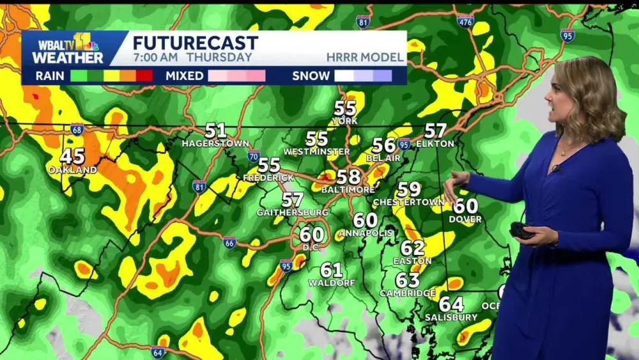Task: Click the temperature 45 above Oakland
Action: click(72, 156)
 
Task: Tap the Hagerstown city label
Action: click(215, 143)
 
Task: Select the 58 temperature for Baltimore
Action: click(348, 177)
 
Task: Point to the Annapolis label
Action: click(366, 233)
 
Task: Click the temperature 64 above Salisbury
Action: click(451, 304)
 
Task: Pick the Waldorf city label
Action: click(331, 282)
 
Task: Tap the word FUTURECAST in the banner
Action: click(196, 43)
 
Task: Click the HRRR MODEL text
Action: click(365, 58)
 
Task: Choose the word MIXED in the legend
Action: click(185, 76)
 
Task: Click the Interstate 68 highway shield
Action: click(77, 129)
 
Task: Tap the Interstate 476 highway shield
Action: click(465, 21)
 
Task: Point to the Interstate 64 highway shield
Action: click(158, 351)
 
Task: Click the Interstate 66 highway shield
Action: click(229, 242)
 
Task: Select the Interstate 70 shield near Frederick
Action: click(254, 155)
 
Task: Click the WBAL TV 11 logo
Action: click(68, 49)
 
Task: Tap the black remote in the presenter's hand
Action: click(521, 231)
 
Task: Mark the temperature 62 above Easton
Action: click(413, 248)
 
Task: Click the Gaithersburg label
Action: click(292, 212)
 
